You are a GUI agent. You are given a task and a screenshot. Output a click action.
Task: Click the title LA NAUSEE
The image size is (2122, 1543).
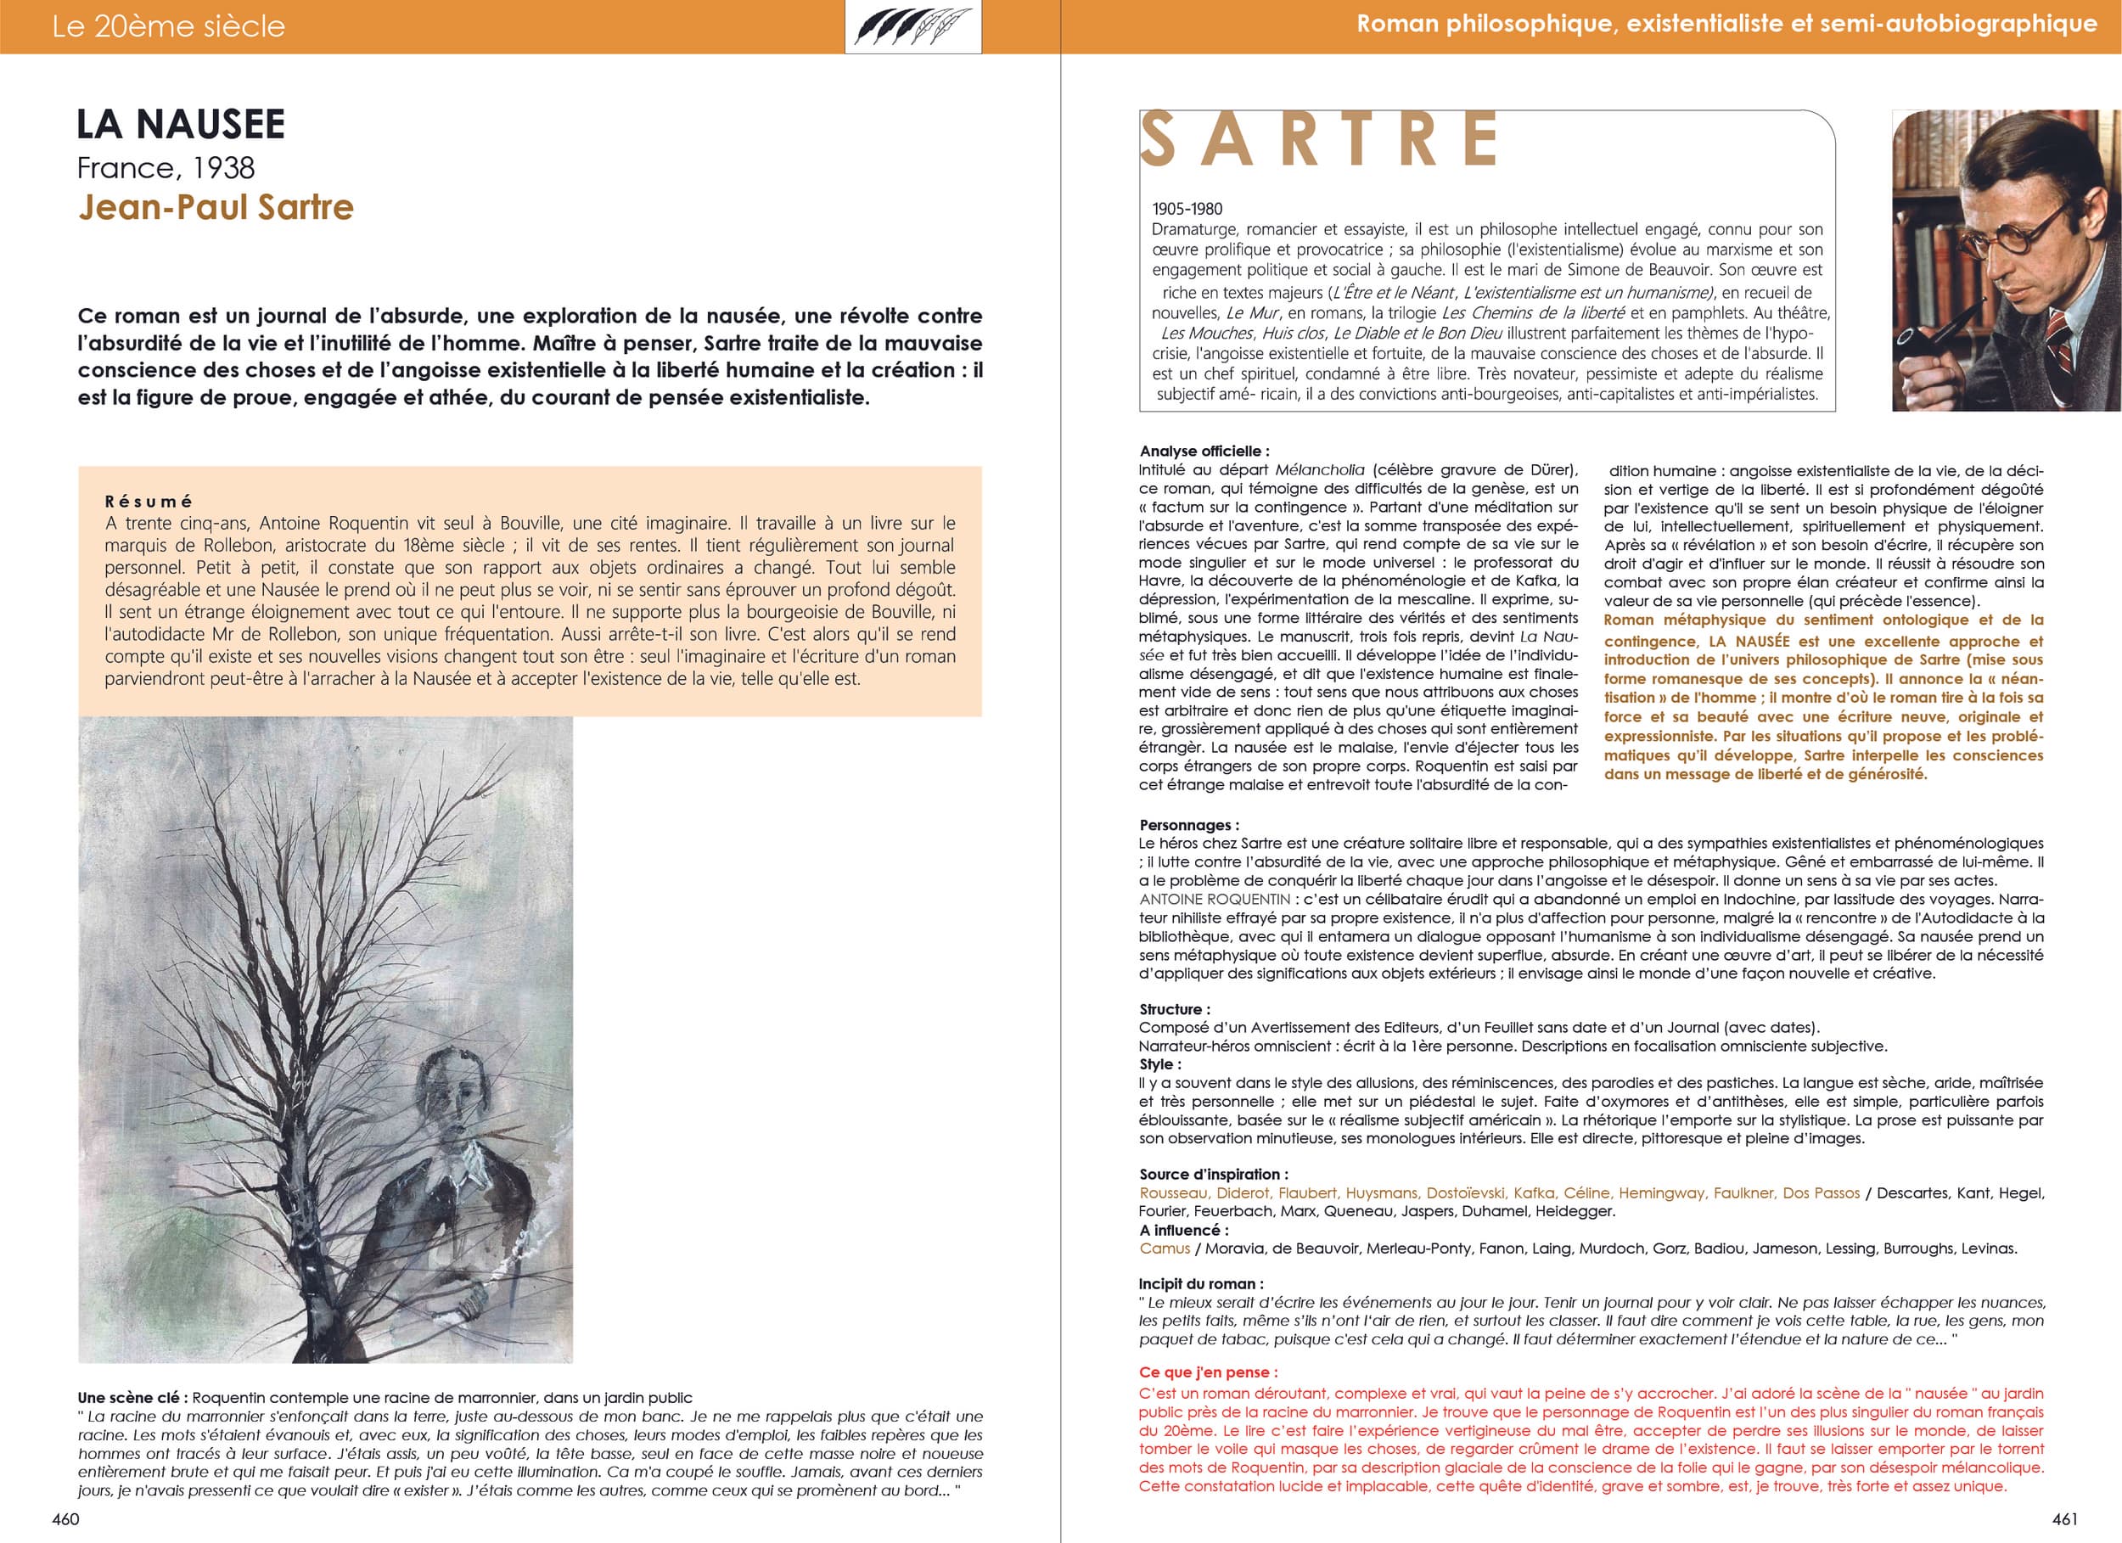click(181, 125)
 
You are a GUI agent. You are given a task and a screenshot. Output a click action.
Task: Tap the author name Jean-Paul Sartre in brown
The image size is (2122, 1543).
click(216, 207)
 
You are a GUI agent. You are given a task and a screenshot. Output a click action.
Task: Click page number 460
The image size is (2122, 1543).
click(65, 1518)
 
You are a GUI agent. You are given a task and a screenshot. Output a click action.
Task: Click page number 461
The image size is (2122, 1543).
click(2065, 1518)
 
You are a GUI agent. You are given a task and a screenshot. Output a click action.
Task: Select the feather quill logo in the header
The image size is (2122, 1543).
click(912, 27)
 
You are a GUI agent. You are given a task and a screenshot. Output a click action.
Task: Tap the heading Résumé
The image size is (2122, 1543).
click(148, 502)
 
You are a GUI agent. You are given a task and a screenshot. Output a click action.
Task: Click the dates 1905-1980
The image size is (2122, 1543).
click(1187, 209)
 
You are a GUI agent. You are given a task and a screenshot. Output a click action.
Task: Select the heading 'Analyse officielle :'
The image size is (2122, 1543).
click(1204, 451)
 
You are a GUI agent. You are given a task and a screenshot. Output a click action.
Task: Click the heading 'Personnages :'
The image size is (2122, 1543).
click(1189, 825)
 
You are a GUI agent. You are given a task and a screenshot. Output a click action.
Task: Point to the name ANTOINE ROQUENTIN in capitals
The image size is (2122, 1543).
click(1215, 899)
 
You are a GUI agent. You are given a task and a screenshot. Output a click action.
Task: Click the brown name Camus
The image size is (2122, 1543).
click(1165, 1248)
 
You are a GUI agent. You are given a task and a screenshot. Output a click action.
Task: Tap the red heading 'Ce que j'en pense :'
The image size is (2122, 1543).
click(1208, 1372)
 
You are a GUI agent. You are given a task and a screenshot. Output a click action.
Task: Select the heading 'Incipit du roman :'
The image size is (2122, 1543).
click(1201, 1284)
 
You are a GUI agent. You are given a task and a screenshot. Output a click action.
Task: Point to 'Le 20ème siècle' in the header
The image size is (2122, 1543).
click(168, 26)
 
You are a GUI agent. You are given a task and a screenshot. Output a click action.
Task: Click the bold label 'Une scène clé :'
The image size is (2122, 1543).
click(132, 1398)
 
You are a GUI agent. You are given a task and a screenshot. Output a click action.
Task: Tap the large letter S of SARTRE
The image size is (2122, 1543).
click(1159, 140)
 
